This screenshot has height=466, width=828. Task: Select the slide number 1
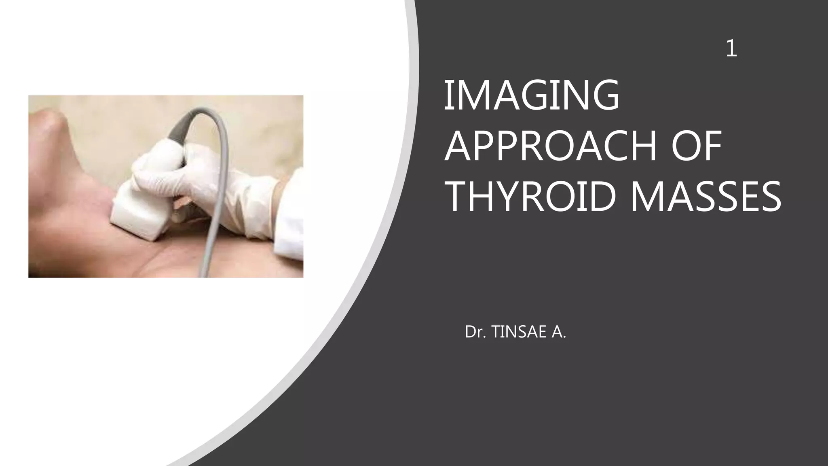[x=731, y=49]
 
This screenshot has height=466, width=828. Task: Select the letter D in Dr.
[x=470, y=332]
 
